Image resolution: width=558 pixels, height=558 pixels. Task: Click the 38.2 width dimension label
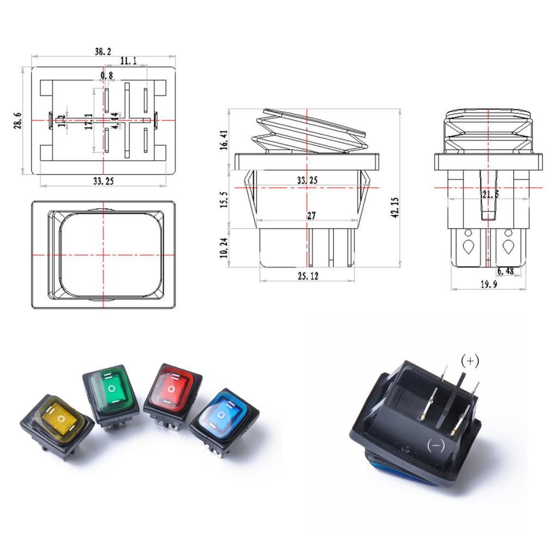pos(103,52)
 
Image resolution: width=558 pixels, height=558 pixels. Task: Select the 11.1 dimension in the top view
pos(129,61)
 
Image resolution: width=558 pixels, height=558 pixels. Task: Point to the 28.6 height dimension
pos(18,120)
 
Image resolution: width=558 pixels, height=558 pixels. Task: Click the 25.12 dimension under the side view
pos(307,276)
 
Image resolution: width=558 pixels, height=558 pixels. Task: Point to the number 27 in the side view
pos(311,216)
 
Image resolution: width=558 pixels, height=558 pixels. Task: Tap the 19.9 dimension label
pos(489,284)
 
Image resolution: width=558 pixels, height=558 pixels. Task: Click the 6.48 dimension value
pos(505,270)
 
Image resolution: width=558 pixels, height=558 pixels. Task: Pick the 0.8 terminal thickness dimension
pos(107,75)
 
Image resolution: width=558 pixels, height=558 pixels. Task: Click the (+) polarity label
pos(470,361)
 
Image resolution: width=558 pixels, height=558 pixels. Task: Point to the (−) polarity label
pos(436,446)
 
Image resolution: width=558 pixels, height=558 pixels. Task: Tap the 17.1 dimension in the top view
pos(89,122)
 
